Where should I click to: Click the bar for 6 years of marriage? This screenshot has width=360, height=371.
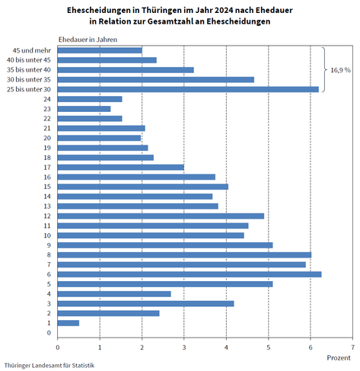click(190, 274)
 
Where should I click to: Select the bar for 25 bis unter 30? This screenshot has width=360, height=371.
click(188, 89)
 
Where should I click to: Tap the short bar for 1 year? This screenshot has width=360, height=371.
click(68, 323)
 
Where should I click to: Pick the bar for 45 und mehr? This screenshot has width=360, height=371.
click(100, 50)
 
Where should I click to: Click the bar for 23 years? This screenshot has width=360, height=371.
click(84, 109)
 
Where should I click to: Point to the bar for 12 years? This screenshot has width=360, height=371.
click(161, 216)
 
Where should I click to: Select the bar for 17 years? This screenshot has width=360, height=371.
click(121, 168)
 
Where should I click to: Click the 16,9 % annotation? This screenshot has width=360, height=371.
click(340, 70)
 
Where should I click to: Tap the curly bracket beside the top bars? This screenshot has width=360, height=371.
click(324, 69)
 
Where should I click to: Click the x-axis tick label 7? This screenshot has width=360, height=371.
click(352, 347)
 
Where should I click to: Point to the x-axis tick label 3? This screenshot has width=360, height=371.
click(184, 347)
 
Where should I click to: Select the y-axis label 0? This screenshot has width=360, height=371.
click(49, 333)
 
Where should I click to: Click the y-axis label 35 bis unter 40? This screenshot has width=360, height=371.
click(29, 70)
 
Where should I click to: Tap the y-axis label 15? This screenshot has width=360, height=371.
click(47, 187)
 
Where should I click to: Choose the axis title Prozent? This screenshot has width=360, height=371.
click(339, 358)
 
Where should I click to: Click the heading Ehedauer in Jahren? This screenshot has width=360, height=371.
click(88, 40)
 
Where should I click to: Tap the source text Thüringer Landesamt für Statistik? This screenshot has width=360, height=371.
click(49, 366)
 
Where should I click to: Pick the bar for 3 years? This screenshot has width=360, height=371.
click(146, 304)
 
